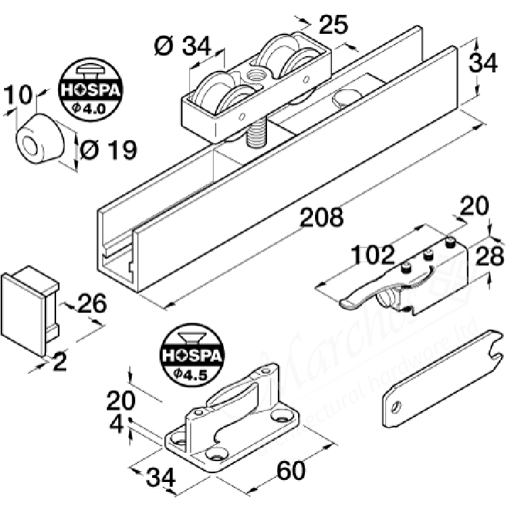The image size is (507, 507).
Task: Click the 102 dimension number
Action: tap(372, 255)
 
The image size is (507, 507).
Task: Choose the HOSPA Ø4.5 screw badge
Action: tap(186, 354)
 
